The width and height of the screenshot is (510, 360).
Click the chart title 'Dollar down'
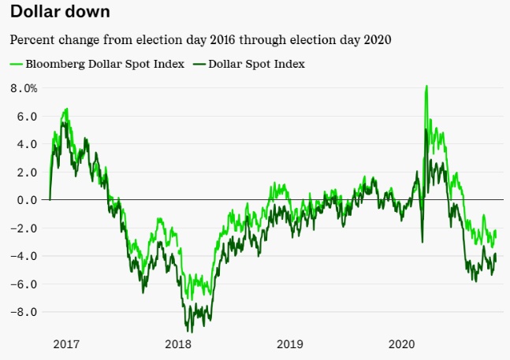[x=60, y=13]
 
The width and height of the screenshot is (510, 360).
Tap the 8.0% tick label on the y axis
[x=24, y=88]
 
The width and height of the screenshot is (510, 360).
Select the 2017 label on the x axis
[x=66, y=344]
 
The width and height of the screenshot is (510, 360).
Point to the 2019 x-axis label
[x=290, y=344]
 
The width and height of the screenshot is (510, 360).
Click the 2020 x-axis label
[x=402, y=344]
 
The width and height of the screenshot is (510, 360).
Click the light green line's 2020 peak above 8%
[x=426, y=86]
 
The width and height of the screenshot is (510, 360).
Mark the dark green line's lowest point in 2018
[x=189, y=331]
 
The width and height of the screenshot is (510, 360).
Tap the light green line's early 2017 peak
[x=66, y=109]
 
